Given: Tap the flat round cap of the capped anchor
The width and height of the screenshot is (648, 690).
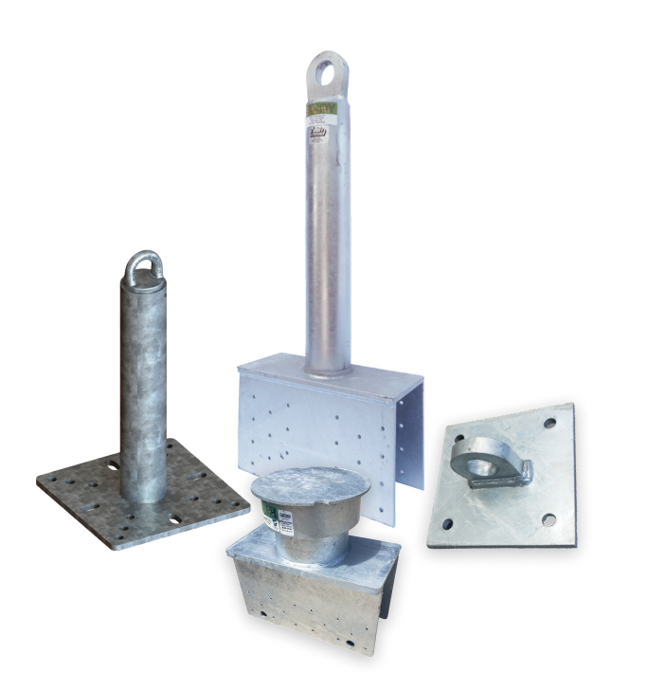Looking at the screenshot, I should pyautogui.click(x=298, y=483).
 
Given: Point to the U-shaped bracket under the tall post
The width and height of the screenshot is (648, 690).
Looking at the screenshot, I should pyautogui.click(x=313, y=417).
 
